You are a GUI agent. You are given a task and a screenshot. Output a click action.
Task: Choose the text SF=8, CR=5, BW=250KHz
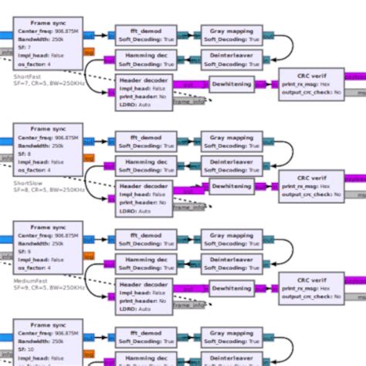49,190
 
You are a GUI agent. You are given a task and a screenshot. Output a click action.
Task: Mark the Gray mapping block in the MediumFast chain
232,239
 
